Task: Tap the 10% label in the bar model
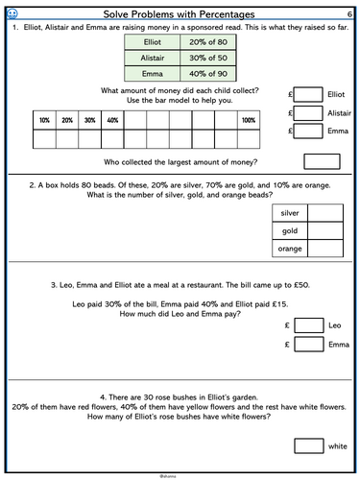[x=43, y=121]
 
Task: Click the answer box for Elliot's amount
[x=308, y=95]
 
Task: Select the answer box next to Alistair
[x=308, y=113]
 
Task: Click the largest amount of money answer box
[x=321, y=161]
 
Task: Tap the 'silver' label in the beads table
[x=290, y=212]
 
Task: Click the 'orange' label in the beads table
[x=290, y=250]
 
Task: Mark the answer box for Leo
[x=308, y=325]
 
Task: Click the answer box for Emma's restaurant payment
[x=308, y=345]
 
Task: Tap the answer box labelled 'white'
[x=308, y=444]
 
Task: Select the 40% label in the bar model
[x=112, y=121]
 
